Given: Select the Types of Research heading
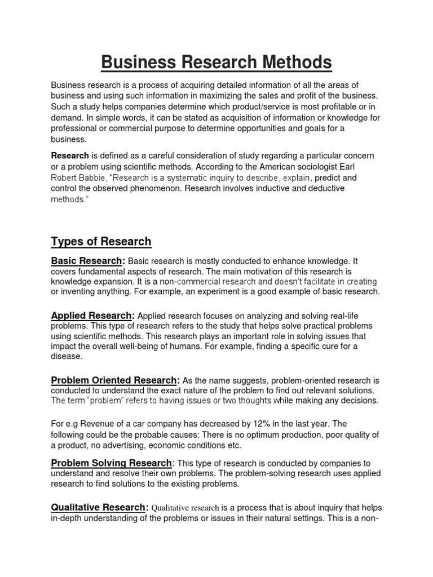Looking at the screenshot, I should pos(101,242).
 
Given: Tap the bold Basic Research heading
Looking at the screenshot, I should pos(87,261).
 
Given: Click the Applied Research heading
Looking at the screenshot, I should pos(92,315).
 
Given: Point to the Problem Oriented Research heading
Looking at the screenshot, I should pos(114,380).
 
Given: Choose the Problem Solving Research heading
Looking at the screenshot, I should pos(111,463).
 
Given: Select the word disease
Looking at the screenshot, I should pos(67,356).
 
